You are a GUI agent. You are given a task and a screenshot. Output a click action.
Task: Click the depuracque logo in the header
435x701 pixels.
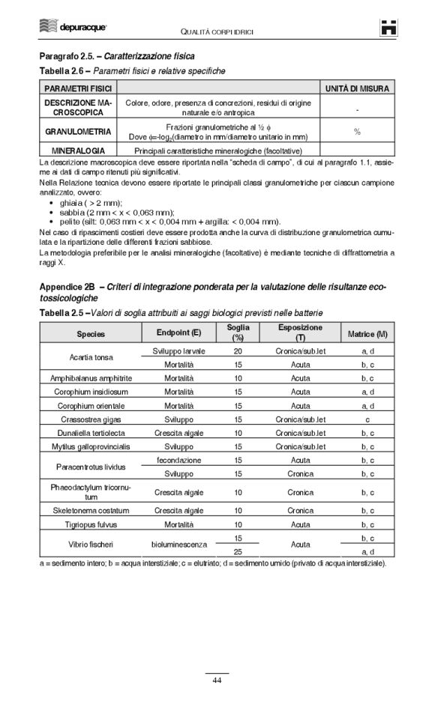coord(73,28)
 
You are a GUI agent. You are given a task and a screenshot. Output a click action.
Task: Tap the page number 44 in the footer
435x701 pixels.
coord(217,679)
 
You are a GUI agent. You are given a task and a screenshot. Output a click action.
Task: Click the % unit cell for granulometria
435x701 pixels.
coord(357,132)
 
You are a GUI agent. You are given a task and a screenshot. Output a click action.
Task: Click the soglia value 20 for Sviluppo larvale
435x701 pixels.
coord(238,350)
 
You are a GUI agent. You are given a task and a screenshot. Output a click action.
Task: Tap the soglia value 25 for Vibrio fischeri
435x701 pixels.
coord(238,551)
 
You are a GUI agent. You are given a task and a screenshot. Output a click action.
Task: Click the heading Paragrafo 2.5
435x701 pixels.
coord(116,56)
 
